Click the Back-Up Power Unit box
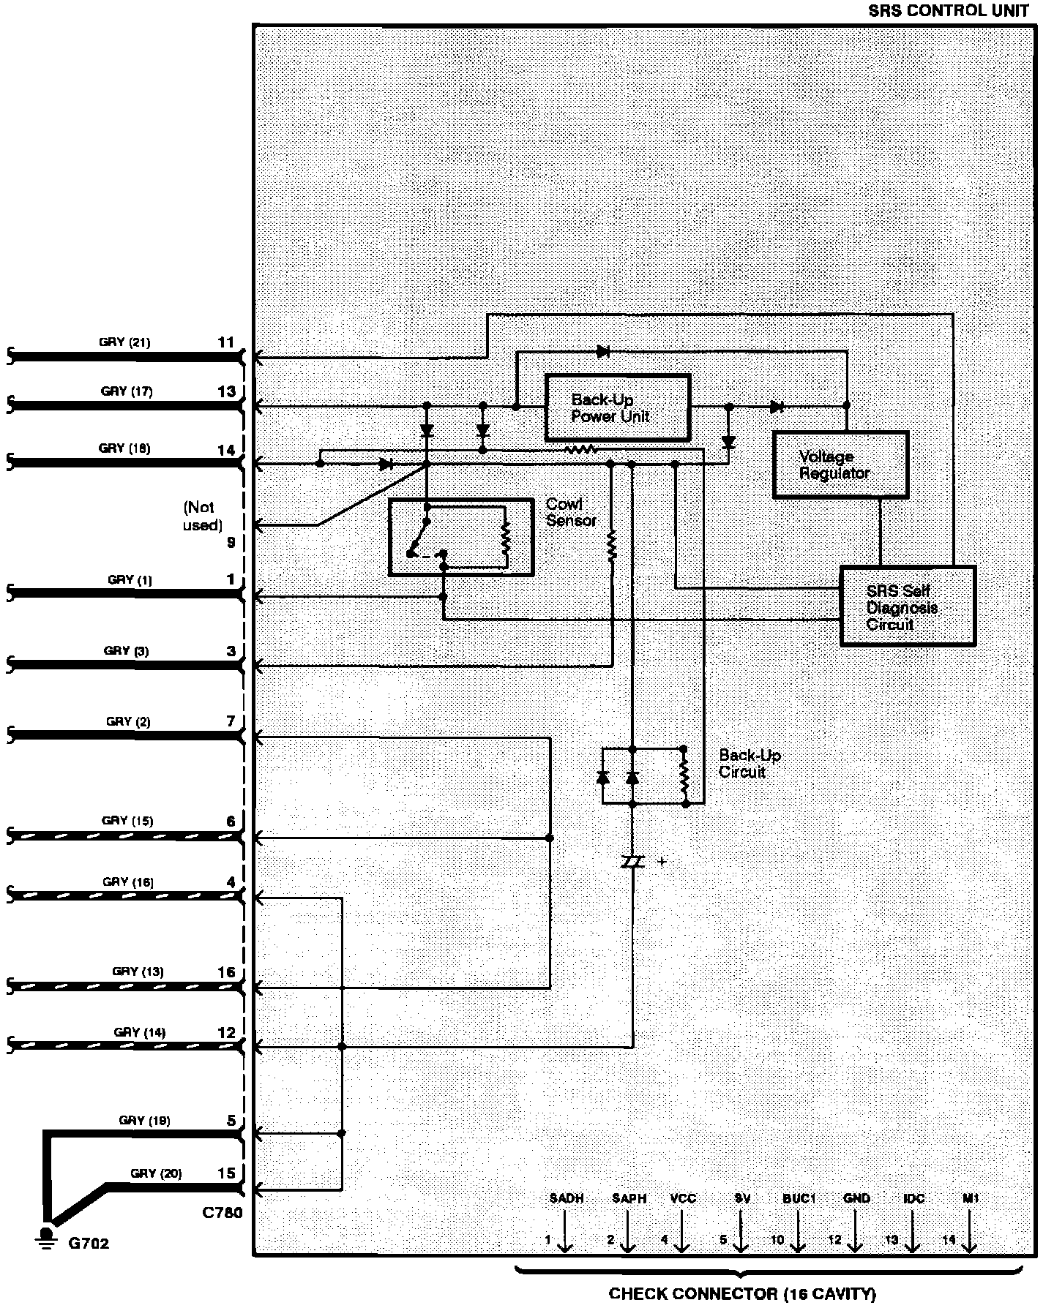click(617, 407)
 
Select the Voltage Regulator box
click(840, 465)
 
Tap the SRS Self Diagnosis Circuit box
click(907, 606)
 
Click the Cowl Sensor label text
click(571, 512)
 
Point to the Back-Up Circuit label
click(749, 763)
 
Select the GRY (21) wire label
click(124, 342)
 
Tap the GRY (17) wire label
click(127, 391)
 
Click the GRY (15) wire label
click(127, 820)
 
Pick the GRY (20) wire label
click(156, 1173)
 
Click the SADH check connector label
click(567, 1198)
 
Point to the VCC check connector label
click(682, 1198)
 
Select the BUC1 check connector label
click(799, 1198)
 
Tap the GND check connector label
click(856, 1198)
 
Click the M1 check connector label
click(971, 1198)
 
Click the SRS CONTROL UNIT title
click(948, 11)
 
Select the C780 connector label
click(222, 1212)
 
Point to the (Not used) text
click(202, 516)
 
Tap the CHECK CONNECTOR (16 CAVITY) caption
click(742, 1293)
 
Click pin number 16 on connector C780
click(227, 971)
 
